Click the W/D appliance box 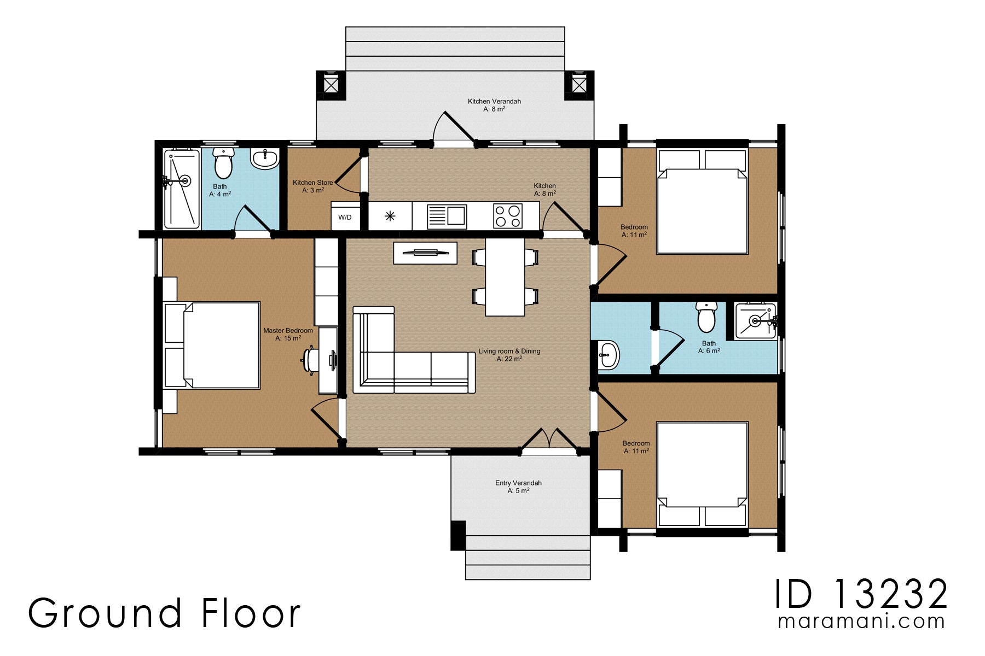click(345, 217)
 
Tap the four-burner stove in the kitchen click(507, 215)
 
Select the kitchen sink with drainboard click(447, 216)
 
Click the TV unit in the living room click(425, 253)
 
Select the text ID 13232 click(861, 594)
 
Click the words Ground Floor click(164, 613)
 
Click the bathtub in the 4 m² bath click(182, 189)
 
